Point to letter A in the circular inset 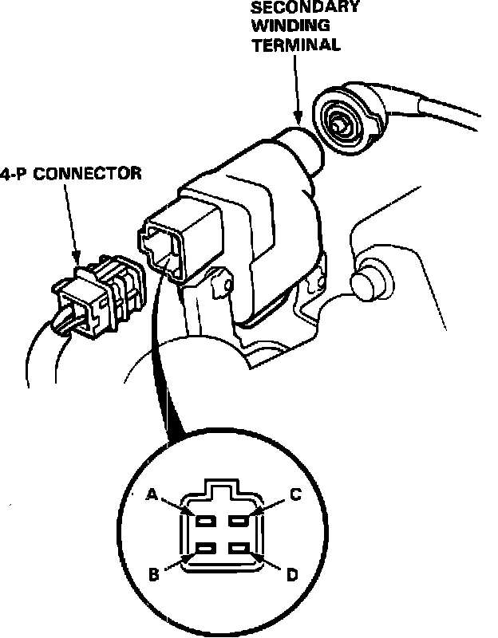point(152,494)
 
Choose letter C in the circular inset point(294,495)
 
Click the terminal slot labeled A point(205,521)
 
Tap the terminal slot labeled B point(205,548)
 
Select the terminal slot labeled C point(238,521)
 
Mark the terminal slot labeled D point(238,548)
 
